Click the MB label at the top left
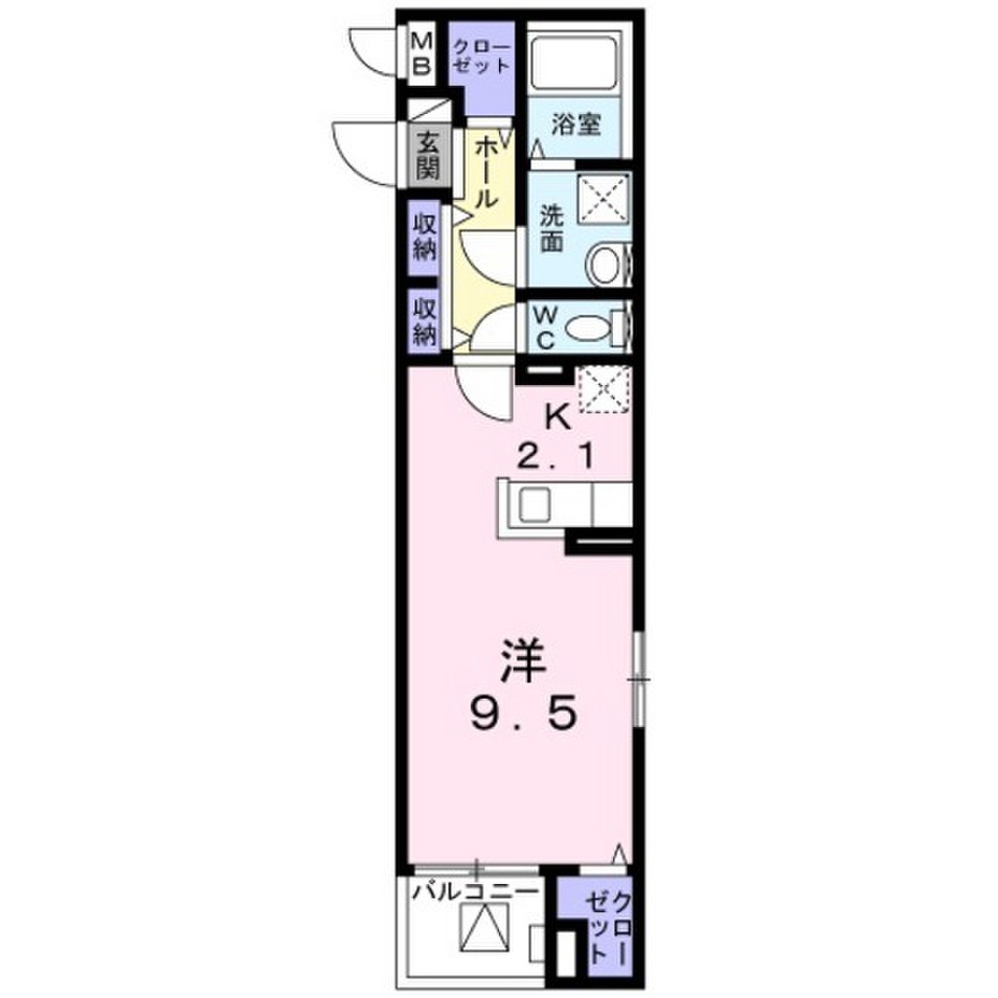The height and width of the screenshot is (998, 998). [x=422, y=54]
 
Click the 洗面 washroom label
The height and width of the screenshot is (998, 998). [x=553, y=229]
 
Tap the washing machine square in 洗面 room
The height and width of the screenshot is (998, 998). [x=602, y=204]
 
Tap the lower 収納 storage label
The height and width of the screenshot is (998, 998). [x=426, y=322]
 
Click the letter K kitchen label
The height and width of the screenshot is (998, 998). [x=557, y=417]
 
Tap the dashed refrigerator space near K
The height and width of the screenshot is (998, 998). [x=605, y=390]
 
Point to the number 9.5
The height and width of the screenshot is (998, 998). [x=519, y=718]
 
